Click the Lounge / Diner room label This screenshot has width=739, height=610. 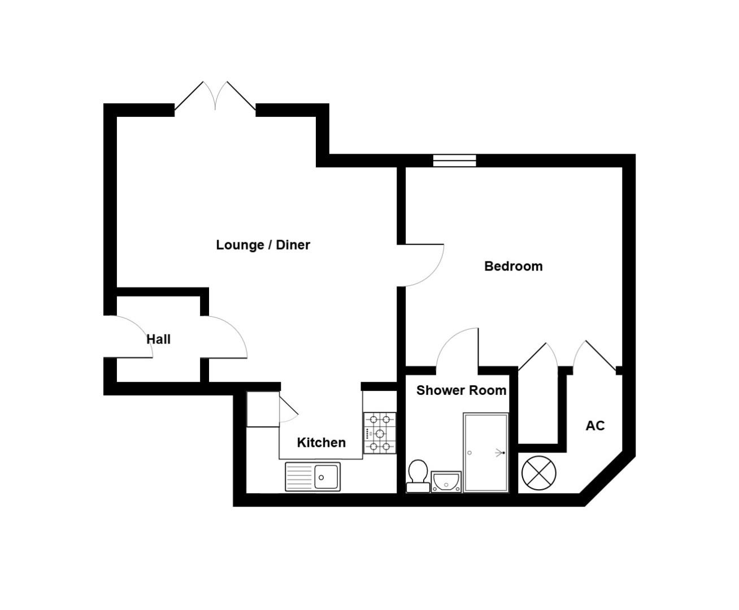coord(263,245)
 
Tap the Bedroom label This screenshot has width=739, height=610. coord(513,266)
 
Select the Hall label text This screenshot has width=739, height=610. coord(158,339)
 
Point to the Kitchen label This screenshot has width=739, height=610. coord(321,442)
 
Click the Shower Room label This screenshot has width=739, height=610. coord(461,390)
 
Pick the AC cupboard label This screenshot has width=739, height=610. coord(595,426)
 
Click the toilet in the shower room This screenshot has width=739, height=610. coord(418,475)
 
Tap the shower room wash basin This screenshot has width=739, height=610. coord(446,482)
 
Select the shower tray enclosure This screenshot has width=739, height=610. coord(485,452)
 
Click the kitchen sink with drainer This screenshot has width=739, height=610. coord(313,477)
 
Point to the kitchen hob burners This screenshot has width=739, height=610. coord(379,433)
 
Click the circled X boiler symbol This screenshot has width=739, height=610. coord(538,473)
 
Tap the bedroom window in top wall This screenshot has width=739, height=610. coord(455,160)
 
